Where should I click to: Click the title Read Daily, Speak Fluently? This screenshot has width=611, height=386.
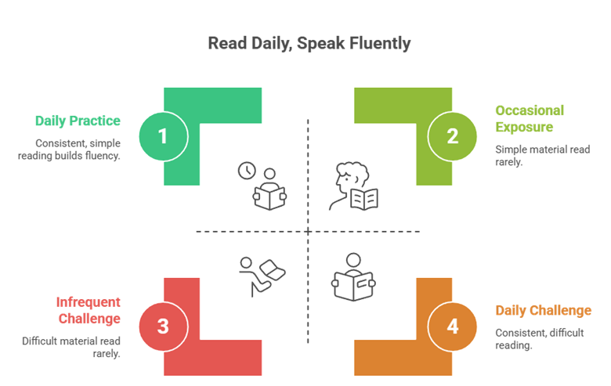click(309, 43)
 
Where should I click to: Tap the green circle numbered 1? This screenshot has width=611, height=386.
click(164, 136)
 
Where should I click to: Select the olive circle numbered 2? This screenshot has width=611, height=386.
click(452, 136)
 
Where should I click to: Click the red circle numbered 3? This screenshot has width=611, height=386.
click(164, 326)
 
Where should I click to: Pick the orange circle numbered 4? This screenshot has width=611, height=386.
click(452, 326)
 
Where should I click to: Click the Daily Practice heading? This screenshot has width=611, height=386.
click(78, 121)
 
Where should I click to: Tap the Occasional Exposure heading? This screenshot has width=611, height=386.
click(530, 118)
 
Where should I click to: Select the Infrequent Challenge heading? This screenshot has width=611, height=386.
click(89, 310)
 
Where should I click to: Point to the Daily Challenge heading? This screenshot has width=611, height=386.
click(543, 310)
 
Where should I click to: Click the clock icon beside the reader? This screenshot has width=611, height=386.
click(247, 171)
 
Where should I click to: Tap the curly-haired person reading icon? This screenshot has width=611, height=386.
click(353, 186)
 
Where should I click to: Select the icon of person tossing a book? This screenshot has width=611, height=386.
click(262, 276)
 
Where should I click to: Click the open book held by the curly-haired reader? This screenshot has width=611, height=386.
click(364, 200)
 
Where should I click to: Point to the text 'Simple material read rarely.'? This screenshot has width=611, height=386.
click(542, 155)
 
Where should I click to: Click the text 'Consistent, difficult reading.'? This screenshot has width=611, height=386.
click(539, 339)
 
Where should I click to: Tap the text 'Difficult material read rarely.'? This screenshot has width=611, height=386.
click(71, 347)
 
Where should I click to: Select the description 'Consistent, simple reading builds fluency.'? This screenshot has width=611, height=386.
click(69, 150)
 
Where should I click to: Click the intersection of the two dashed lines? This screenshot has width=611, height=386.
click(308, 232)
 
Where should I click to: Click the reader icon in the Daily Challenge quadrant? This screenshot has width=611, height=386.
click(353, 277)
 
